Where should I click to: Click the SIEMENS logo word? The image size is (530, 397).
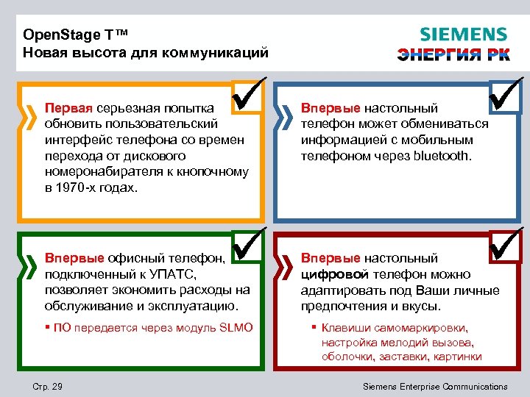pos(463,35)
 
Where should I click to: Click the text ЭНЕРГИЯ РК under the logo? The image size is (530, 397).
pos(453,54)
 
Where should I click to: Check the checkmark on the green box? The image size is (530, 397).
pos(248,244)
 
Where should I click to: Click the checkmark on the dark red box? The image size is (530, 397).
pos(506,244)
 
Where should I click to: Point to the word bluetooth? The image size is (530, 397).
pos(442,156)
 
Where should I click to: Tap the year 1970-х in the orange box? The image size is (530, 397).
pos(79,187)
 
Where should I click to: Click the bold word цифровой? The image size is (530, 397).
pos(331,274)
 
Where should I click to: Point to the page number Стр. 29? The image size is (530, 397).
pos(49,387)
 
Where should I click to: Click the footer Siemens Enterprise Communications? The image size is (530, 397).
pos(436,387)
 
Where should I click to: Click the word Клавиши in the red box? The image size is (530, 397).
pos(346,328)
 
